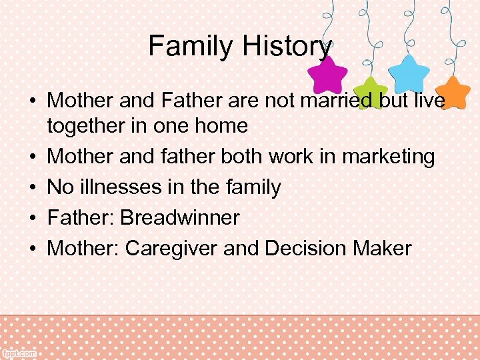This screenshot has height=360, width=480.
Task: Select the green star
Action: point(370,92)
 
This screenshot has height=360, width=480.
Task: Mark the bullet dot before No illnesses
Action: point(32,188)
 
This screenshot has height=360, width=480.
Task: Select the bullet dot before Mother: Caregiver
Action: point(32,249)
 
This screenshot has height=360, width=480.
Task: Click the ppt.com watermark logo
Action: point(20,351)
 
